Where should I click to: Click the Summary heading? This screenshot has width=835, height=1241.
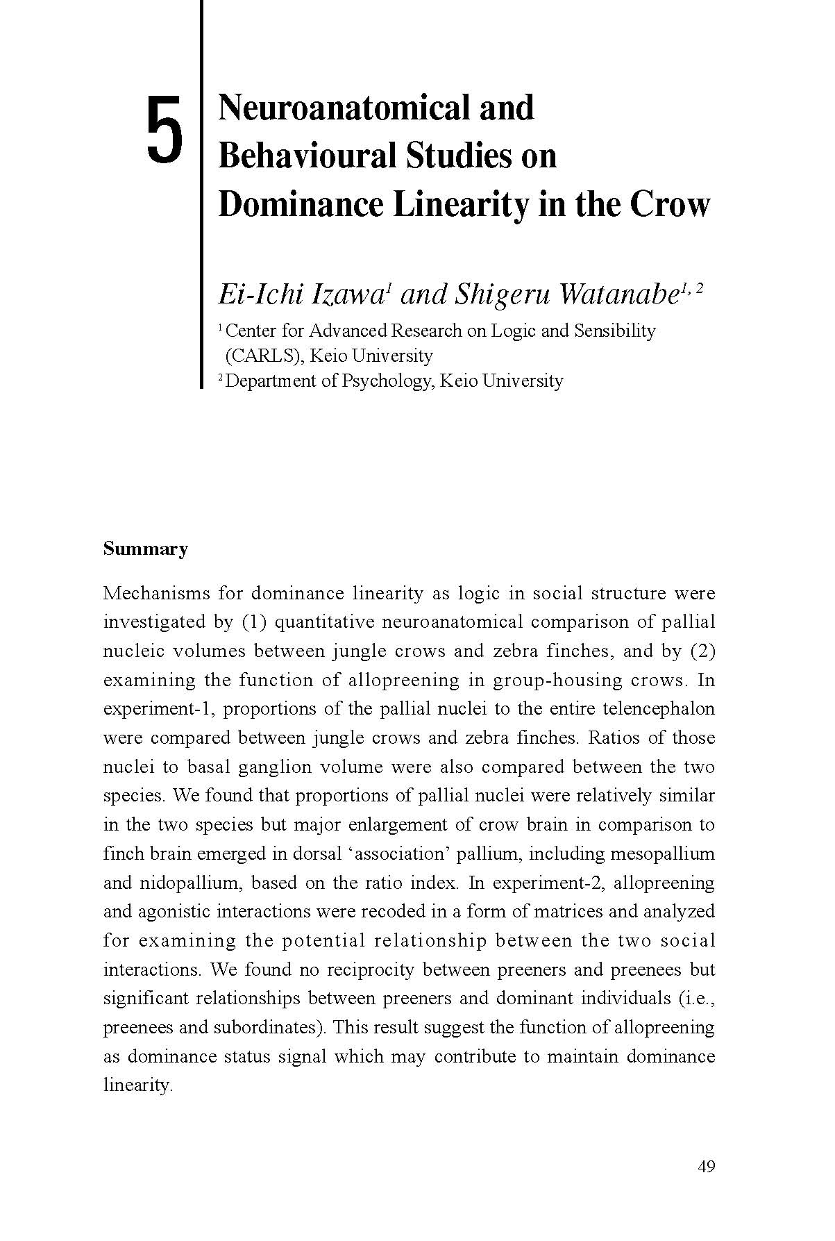[x=146, y=549]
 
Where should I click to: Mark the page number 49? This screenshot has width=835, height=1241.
[x=706, y=1167]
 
